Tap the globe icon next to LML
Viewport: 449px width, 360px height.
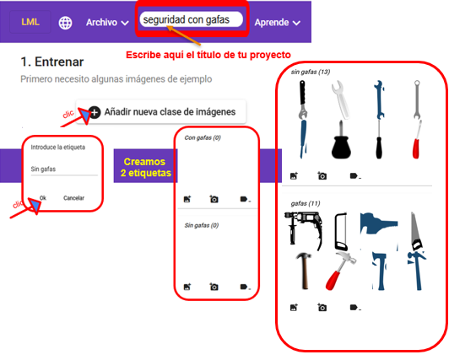coord(66,23)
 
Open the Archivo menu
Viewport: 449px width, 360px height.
coord(106,23)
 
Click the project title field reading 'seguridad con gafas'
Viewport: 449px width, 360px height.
coord(191,19)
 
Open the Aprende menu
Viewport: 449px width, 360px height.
coord(277,23)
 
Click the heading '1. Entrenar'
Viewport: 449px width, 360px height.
coord(52,62)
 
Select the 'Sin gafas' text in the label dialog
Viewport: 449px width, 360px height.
coord(43,169)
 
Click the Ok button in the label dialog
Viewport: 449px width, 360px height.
coord(43,197)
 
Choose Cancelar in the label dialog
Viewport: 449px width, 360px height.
coord(73,197)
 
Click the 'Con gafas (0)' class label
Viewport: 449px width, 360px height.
coord(202,137)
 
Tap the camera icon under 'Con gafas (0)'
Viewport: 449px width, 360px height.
coord(214,199)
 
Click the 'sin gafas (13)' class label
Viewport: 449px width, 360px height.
coord(311,72)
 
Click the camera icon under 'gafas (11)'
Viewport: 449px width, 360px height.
coord(322,308)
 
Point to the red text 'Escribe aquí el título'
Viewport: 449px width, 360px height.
coord(208,55)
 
